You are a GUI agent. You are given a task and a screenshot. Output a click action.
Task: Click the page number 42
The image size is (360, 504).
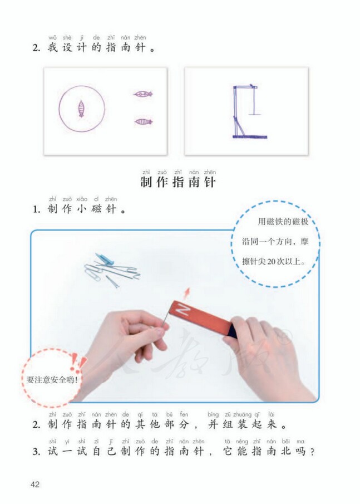[x=35, y=483]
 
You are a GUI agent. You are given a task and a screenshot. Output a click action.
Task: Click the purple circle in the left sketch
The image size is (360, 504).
[x=82, y=109]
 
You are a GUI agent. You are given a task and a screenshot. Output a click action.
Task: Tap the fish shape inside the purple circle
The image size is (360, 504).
[x=82, y=109]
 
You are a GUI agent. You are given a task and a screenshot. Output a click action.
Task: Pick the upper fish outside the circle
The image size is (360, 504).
[x=143, y=94]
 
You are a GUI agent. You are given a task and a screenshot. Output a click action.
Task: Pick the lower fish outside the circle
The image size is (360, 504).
[x=143, y=121]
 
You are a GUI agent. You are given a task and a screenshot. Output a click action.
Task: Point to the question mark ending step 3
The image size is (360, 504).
[x=313, y=452]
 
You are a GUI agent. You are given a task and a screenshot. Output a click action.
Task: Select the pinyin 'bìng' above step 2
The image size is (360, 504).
[x=213, y=414]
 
